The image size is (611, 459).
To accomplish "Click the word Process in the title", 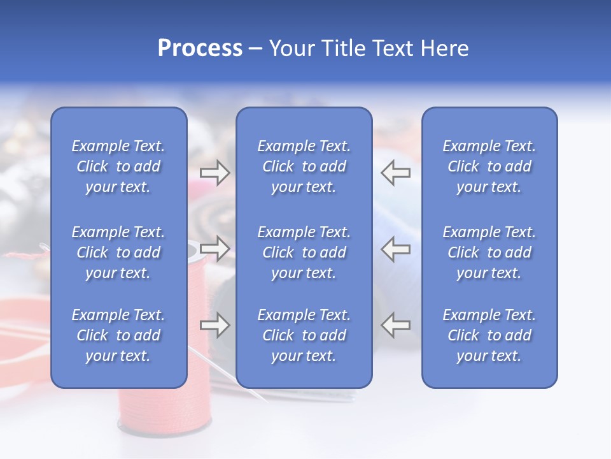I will tap(200, 48).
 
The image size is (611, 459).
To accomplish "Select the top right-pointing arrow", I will tap(214, 173).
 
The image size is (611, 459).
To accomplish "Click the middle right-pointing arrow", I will tap(214, 249).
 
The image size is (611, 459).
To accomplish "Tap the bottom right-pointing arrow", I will tap(214, 326).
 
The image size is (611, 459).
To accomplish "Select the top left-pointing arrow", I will tap(396, 173).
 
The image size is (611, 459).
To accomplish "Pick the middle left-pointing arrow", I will tap(396, 249).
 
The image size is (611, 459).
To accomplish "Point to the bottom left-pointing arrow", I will tap(396, 326).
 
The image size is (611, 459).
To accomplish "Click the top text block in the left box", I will tap(118, 166).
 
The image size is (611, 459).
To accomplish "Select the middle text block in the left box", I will tap(118, 252).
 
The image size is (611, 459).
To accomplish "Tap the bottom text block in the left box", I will tap(118, 335).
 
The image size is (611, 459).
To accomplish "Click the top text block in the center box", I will tap(304, 166).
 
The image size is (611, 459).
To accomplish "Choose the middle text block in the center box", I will tap(304, 252).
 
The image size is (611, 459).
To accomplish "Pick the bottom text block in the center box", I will tap(304, 335).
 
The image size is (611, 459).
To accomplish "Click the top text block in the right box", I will tap(489, 166).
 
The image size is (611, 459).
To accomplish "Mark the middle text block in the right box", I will tap(489, 252).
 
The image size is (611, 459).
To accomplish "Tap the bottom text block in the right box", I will tap(489, 335).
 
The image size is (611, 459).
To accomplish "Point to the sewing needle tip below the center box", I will tap(266, 400).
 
